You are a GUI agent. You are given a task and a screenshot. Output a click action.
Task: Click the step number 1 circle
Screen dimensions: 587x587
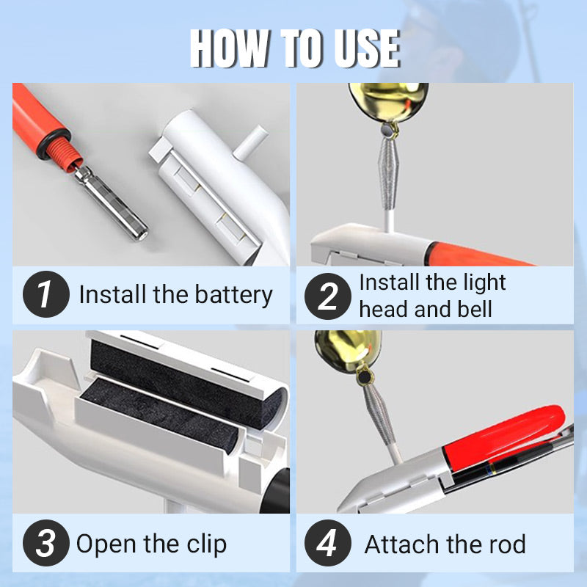(46, 294)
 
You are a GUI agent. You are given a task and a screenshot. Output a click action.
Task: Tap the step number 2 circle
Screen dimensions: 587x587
(327, 296)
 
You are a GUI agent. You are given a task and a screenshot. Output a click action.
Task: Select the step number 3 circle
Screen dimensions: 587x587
(46, 543)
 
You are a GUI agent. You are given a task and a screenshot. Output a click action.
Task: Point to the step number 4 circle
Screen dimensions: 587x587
(327, 543)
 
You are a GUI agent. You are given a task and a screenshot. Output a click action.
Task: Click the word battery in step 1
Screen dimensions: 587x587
(233, 296)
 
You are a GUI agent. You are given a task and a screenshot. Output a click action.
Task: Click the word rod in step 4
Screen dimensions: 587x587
(507, 544)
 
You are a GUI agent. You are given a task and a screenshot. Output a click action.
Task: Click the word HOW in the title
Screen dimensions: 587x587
(230, 48)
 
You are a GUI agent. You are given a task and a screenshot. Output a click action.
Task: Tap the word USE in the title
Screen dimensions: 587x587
(367, 48)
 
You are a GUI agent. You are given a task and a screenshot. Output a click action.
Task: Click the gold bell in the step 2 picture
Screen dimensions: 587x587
(388, 102)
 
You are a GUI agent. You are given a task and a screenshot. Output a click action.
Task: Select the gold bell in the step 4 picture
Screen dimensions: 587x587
(347, 351)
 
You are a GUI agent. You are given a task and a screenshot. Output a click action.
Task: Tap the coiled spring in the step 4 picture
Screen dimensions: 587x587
(379, 410)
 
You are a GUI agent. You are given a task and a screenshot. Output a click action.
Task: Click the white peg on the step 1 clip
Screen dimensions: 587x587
(250, 142)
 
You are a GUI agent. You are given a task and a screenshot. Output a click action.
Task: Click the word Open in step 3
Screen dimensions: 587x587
(106, 544)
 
